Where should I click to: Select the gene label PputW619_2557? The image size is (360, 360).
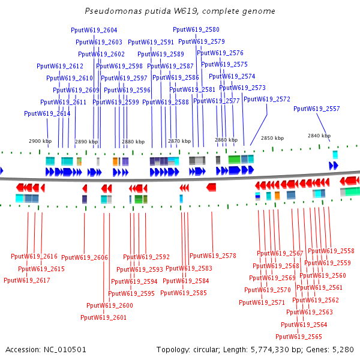point(316,109)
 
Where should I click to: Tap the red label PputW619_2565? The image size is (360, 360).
point(299,336)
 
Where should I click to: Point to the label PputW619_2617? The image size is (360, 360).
point(27,280)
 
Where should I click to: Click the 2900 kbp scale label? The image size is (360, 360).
point(40,141)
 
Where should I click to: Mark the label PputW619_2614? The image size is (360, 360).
point(47,113)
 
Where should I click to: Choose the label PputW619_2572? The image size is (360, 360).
point(267,99)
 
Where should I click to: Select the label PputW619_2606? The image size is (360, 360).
point(85,257)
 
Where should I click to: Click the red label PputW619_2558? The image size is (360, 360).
point(331,251)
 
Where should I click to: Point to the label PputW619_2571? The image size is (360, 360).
point(262,302)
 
